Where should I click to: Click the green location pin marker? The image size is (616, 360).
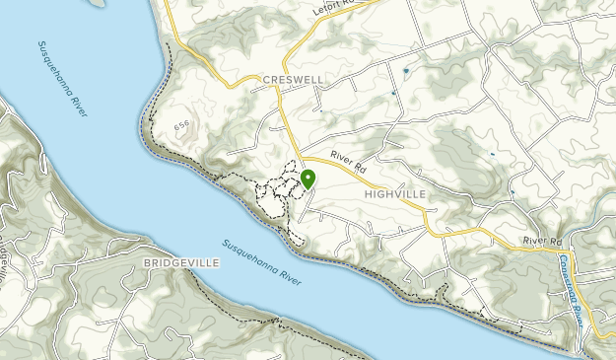point(308,180)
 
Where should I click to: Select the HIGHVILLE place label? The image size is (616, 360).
point(394,194)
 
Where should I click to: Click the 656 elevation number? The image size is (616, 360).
point(181,126)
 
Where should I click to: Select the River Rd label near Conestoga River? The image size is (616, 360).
point(542,241)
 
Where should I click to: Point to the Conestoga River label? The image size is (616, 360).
point(573,282)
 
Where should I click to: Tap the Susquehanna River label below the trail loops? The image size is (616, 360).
point(261,263)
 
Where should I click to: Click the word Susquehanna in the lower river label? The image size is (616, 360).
point(245,255)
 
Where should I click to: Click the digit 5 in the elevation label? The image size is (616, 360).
point(181,126)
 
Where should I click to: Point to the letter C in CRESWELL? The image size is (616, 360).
point(265,80)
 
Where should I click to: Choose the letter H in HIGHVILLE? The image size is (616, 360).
point(367,194)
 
